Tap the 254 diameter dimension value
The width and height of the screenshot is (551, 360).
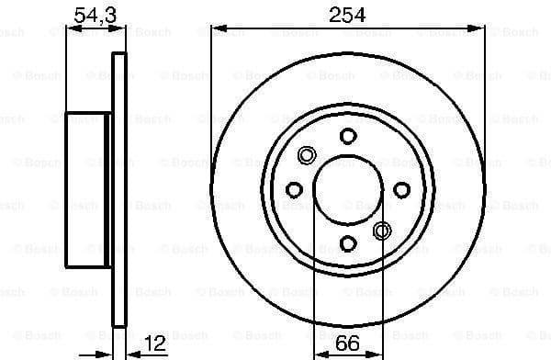[348, 14]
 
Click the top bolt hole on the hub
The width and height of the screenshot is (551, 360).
[348, 136]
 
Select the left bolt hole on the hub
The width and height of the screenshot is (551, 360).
[294, 189]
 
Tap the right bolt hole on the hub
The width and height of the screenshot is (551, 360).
[401, 189]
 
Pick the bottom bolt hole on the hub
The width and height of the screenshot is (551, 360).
[348, 243]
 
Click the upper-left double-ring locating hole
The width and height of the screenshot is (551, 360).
[308, 154]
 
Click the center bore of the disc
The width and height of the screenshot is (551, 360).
[348, 189]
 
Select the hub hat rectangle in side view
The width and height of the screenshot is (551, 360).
[88, 189]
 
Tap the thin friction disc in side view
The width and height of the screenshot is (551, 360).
[118, 189]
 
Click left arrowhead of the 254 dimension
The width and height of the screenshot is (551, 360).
[217, 28]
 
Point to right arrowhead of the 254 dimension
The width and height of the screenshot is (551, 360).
[479, 28]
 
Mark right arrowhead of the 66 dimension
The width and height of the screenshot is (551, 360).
[377, 352]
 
